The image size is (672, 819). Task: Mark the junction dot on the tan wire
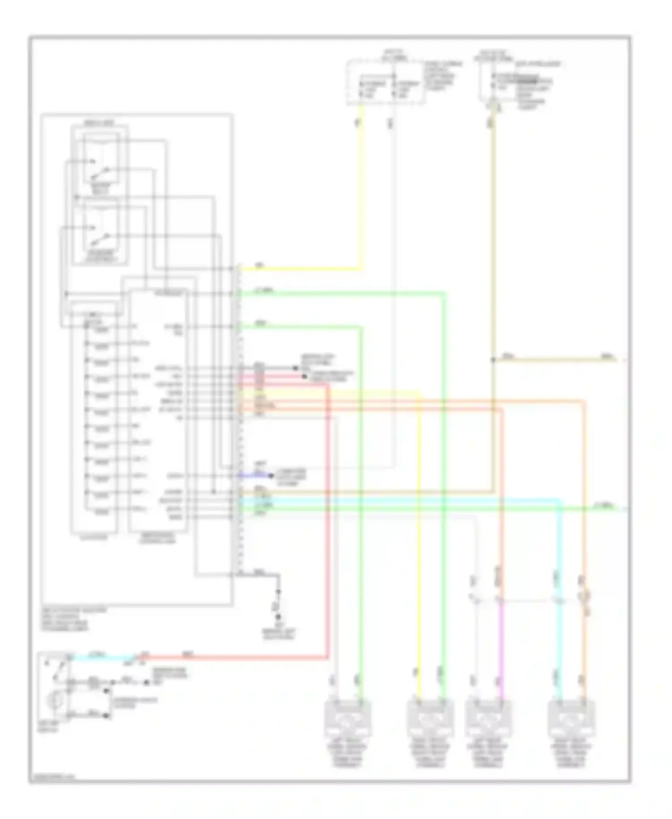coord(493,360)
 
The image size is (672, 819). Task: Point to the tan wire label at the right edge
coord(607,357)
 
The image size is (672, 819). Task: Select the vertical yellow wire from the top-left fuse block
coord(360,188)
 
